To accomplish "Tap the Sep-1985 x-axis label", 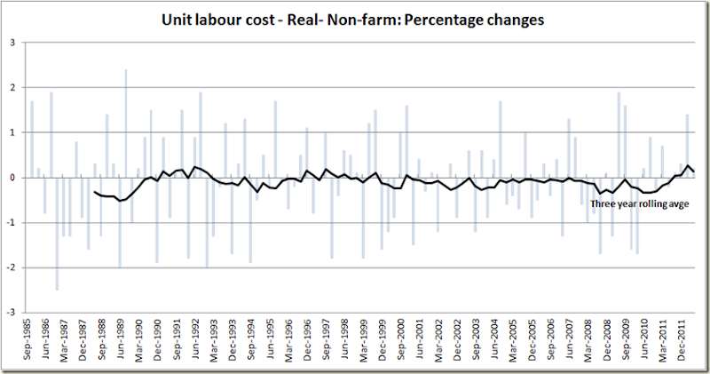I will (x=32, y=341).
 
